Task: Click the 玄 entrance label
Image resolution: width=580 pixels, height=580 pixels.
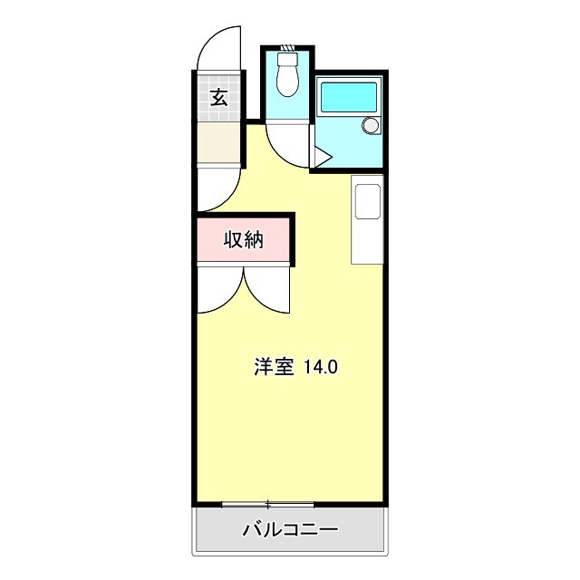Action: pyautogui.click(x=219, y=97)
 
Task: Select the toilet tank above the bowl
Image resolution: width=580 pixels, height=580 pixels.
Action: pyautogui.click(x=288, y=60)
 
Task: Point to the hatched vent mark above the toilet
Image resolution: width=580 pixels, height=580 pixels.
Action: pyautogui.click(x=288, y=48)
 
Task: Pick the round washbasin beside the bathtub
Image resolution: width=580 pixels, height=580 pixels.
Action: pyautogui.click(x=370, y=125)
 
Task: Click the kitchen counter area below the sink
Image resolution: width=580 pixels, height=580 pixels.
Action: pyautogui.click(x=368, y=240)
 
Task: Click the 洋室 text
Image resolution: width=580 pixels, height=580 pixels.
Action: pyautogui.click(x=274, y=367)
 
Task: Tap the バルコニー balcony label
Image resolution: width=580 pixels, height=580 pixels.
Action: pyautogui.click(x=290, y=530)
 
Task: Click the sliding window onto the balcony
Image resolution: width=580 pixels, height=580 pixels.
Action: pyautogui.click(x=267, y=503)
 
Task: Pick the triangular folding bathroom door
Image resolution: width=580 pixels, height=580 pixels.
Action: pyautogui.click(x=323, y=156)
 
